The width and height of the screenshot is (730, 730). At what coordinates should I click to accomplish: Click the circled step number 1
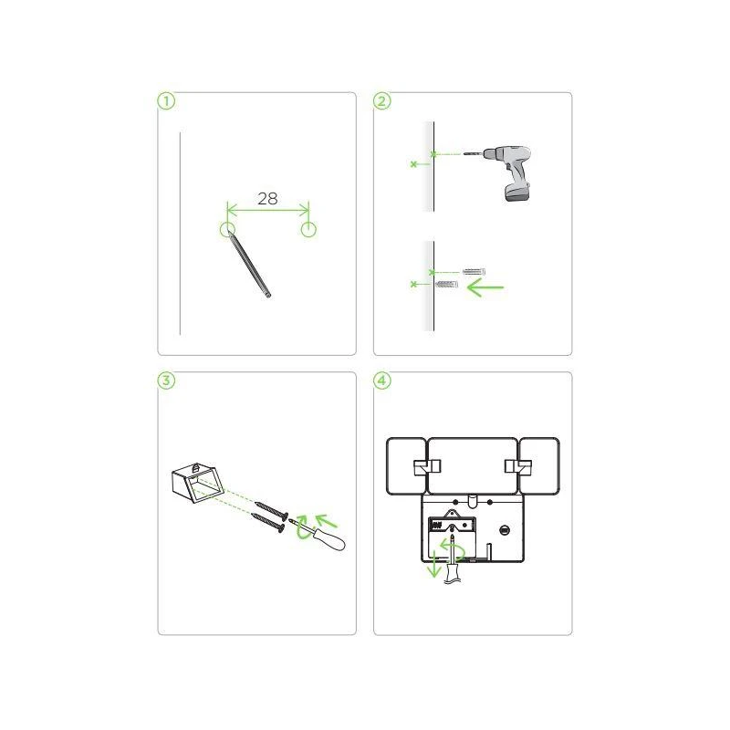[166, 101]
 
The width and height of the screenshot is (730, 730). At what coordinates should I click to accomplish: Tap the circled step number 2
[381, 101]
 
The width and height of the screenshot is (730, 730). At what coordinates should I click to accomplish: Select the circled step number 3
[166, 381]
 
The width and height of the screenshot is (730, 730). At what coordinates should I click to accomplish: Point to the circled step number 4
[381, 381]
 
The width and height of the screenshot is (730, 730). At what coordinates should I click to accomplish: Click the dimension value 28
[267, 199]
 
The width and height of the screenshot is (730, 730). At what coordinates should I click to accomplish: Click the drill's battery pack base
[517, 192]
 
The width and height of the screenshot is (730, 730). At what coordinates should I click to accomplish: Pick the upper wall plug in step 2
[474, 271]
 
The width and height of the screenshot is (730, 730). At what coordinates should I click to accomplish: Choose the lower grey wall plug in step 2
[446, 284]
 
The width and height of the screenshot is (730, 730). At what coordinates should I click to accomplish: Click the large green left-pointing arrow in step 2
[485, 287]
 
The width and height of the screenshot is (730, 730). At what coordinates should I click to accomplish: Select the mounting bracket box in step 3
[197, 483]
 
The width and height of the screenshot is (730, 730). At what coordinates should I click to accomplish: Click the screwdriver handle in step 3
[331, 540]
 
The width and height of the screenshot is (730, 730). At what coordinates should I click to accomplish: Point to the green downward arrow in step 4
[434, 564]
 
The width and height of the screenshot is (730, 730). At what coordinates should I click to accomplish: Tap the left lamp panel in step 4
[406, 465]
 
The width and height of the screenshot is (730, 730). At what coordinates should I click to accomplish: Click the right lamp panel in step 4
[539, 465]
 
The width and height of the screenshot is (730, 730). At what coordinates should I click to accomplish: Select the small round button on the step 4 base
[504, 530]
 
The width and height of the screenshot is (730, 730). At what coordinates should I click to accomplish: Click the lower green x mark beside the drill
[413, 164]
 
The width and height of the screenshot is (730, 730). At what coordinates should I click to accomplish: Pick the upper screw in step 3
[271, 510]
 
